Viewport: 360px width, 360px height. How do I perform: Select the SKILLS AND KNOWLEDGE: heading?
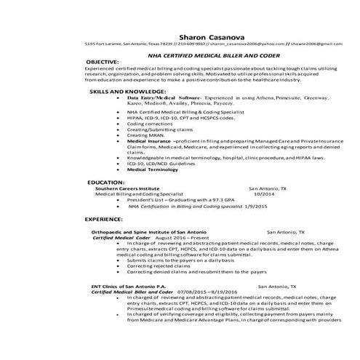pos(120,92)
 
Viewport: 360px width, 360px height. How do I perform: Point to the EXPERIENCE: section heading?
pos(105,218)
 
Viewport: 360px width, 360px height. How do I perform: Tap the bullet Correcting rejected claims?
pos(158,266)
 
